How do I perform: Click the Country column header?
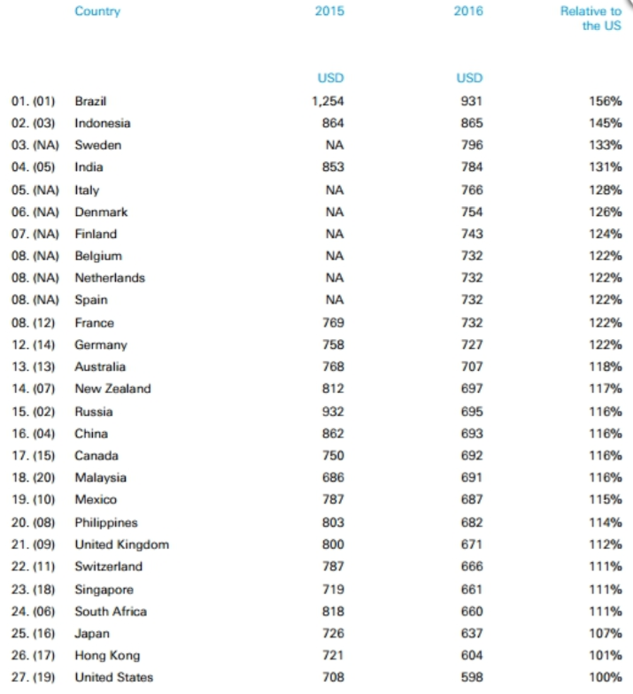pos(97,12)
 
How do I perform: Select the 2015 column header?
pos(329,12)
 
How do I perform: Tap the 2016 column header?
pos(468,12)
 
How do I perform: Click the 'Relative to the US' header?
pos(591,19)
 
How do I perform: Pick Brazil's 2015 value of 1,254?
pos(328,101)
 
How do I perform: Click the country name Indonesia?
pos(102,123)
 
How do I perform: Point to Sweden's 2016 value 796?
pos(472,145)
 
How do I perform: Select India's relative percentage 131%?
pos(605,167)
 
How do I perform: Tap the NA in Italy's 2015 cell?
pos(334,189)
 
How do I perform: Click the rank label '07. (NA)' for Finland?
pos(35,234)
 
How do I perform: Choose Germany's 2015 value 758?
pos(333,344)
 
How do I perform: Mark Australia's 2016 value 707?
pos(472,366)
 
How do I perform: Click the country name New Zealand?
pos(112,389)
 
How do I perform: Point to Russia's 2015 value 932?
pos(333,412)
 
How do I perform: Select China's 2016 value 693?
pos(472,434)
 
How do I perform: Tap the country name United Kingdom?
pos(121,544)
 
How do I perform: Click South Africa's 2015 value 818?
pos(333,611)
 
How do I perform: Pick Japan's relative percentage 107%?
pos(605,634)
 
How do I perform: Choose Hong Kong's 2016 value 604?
pos(472,656)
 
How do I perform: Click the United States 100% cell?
pos(605,678)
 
